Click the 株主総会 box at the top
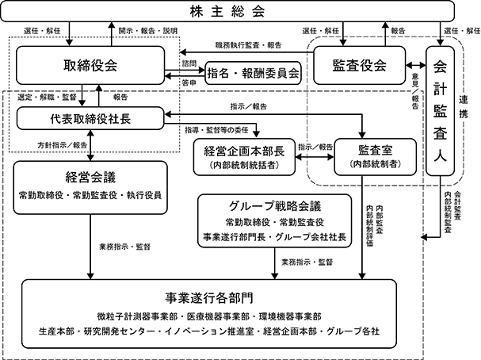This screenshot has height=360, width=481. click(227, 11)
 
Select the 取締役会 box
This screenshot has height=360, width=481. click(90, 65)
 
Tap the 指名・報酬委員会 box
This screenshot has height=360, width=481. click(253, 73)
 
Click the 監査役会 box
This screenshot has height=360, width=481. click(359, 65)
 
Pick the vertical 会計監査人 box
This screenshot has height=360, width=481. click(440, 111)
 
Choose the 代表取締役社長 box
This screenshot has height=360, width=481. click(90, 118)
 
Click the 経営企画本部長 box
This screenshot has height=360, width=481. click(244, 157)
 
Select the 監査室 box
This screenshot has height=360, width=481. click(375, 157)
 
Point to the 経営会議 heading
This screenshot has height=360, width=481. click(90, 178)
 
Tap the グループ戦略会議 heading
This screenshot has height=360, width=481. click(275, 206)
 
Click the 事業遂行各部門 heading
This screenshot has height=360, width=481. click(209, 297)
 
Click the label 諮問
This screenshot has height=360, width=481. click(189, 63)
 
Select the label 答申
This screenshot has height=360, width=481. click(189, 83)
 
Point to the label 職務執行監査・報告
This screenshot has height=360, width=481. click(249, 45)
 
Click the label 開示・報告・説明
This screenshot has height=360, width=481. click(148, 31)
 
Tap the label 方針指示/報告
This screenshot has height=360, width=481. click(63, 145)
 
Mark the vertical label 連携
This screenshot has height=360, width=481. click(464, 107)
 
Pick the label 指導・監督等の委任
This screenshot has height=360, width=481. click(216, 130)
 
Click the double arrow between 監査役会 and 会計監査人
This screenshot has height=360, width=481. click(416, 65)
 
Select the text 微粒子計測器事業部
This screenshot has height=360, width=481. click(133, 316)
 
